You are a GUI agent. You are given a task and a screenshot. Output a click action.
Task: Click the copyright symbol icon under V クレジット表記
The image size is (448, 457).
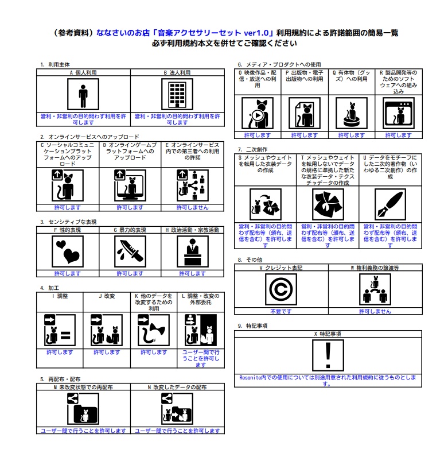click(281, 289)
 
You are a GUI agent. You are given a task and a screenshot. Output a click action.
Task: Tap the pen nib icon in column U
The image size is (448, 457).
click(390, 204)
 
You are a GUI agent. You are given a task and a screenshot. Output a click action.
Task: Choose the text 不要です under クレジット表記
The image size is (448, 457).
click(281, 311)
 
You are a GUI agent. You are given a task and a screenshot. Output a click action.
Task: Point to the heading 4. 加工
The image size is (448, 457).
click(50, 288)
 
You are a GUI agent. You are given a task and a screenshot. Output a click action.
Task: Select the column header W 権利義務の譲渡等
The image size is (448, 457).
click(375, 268)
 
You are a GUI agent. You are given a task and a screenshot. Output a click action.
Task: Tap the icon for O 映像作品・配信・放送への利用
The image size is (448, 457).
click(257, 113)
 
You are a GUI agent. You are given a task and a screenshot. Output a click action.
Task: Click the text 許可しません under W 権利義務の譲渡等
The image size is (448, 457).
click(375, 311)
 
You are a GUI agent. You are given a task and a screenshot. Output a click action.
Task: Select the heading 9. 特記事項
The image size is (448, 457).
click(252, 326)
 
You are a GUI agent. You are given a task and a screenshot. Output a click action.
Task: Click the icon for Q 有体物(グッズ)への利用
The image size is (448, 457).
click(351, 113)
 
